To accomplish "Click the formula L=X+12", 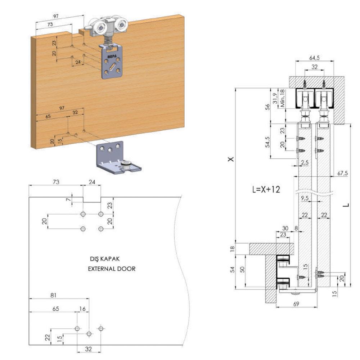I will click(266, 190).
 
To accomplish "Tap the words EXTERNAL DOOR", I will click(112, 269).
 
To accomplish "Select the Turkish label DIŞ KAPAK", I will click(104, 259).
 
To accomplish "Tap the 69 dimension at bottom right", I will click(296, 304).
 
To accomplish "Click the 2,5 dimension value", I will click(305, 162).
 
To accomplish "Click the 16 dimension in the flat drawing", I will click(82, 309).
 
